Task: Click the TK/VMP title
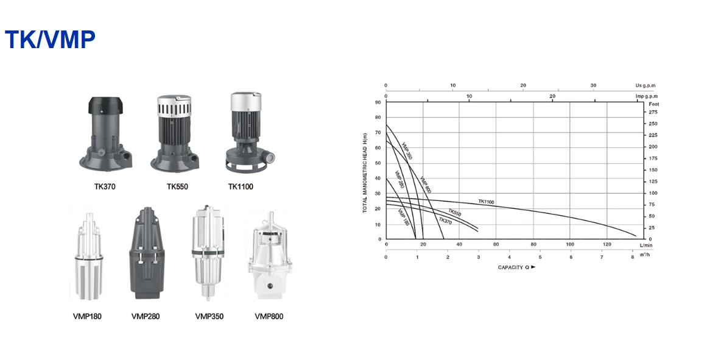50,40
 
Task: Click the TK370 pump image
107,134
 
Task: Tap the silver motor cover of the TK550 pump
174,106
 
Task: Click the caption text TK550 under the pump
177,186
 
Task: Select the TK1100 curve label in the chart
487,202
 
